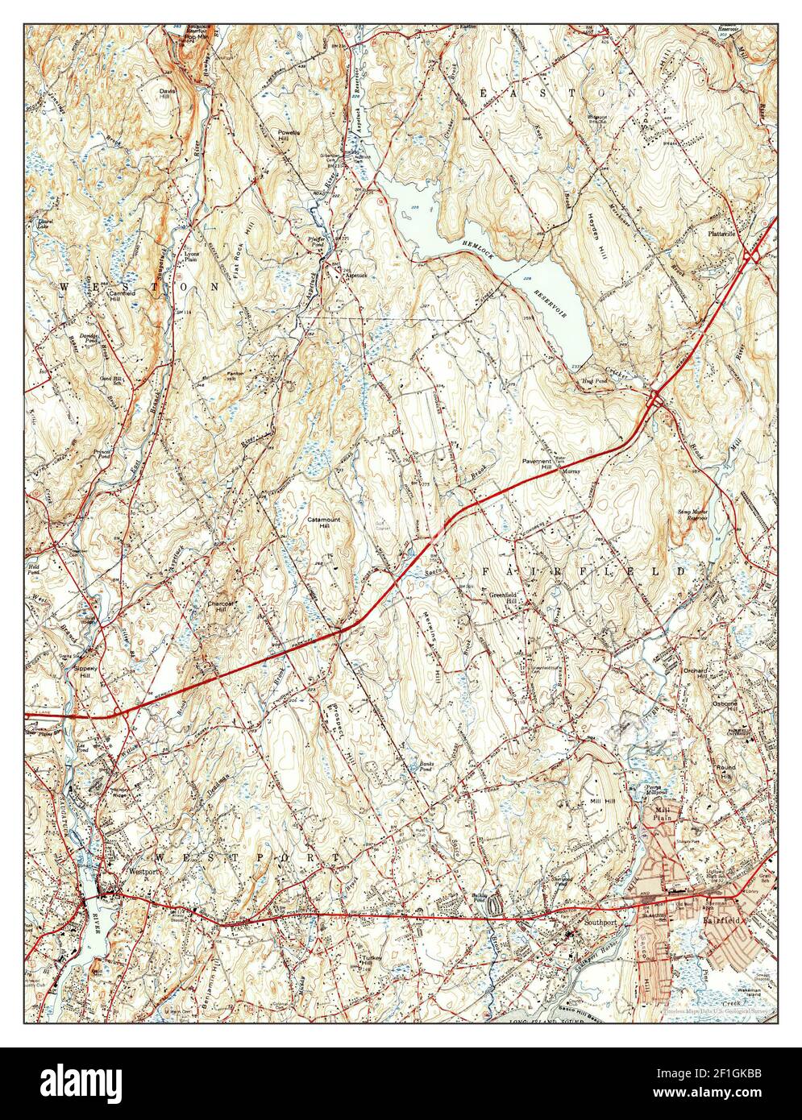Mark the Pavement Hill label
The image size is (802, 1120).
tap(534, 464)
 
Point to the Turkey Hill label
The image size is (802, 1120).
tap(370, 960)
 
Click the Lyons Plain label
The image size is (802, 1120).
tap(191, 257)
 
